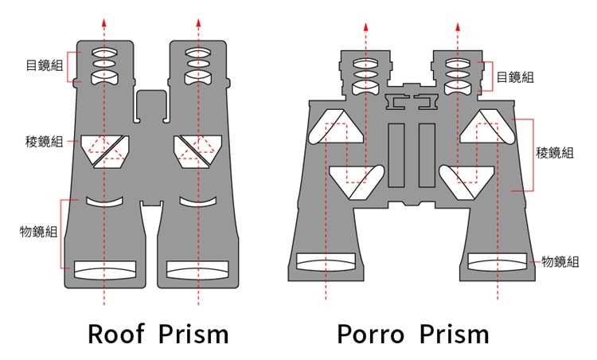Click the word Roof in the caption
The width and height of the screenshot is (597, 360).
click(x=118, y=332)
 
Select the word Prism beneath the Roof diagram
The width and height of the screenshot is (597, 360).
click(x=193, y=332)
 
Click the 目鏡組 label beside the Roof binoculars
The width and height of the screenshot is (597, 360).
click(x=45, y=65)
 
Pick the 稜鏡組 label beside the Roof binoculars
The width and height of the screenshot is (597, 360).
click(x=45, y=142)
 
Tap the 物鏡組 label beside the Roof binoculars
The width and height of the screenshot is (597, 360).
click(x=38, y=232)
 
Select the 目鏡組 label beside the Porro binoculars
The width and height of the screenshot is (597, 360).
click(x=515, y=77)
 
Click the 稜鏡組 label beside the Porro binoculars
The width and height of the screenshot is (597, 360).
click(x=555, y=153)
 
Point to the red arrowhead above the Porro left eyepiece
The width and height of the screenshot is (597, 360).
click(x=367, y=25)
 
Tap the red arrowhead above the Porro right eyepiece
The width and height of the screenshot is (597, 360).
click(x=457, y=25)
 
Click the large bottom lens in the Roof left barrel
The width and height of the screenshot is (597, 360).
click(x=105, y=269)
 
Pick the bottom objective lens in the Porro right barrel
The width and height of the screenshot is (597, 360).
click(x=498, y=261)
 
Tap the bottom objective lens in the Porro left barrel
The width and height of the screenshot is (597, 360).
click(x=326, y=261)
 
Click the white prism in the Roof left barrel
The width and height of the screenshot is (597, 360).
click(x=106, y=148)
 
